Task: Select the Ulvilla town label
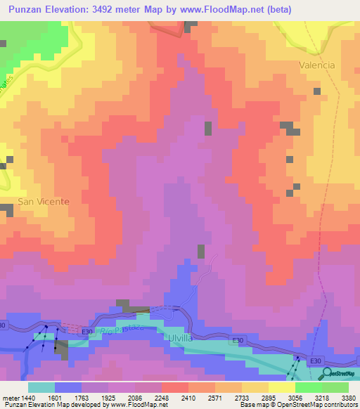point(180,337)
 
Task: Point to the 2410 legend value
point(188,397)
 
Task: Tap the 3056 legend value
point(295,397)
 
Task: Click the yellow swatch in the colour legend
point(282,387)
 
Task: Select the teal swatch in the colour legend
point(41,387)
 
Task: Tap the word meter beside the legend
point(11,397)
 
